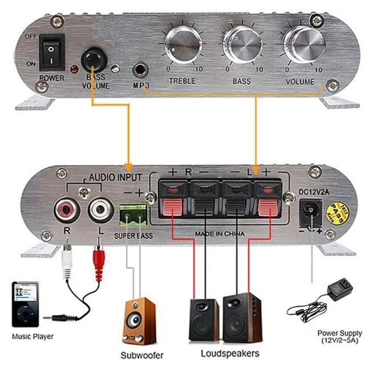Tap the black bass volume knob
(93, 59)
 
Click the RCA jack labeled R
(66, 212)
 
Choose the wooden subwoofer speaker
(139, 321)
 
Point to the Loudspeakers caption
(225, 354)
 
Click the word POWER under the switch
(52, 77)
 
